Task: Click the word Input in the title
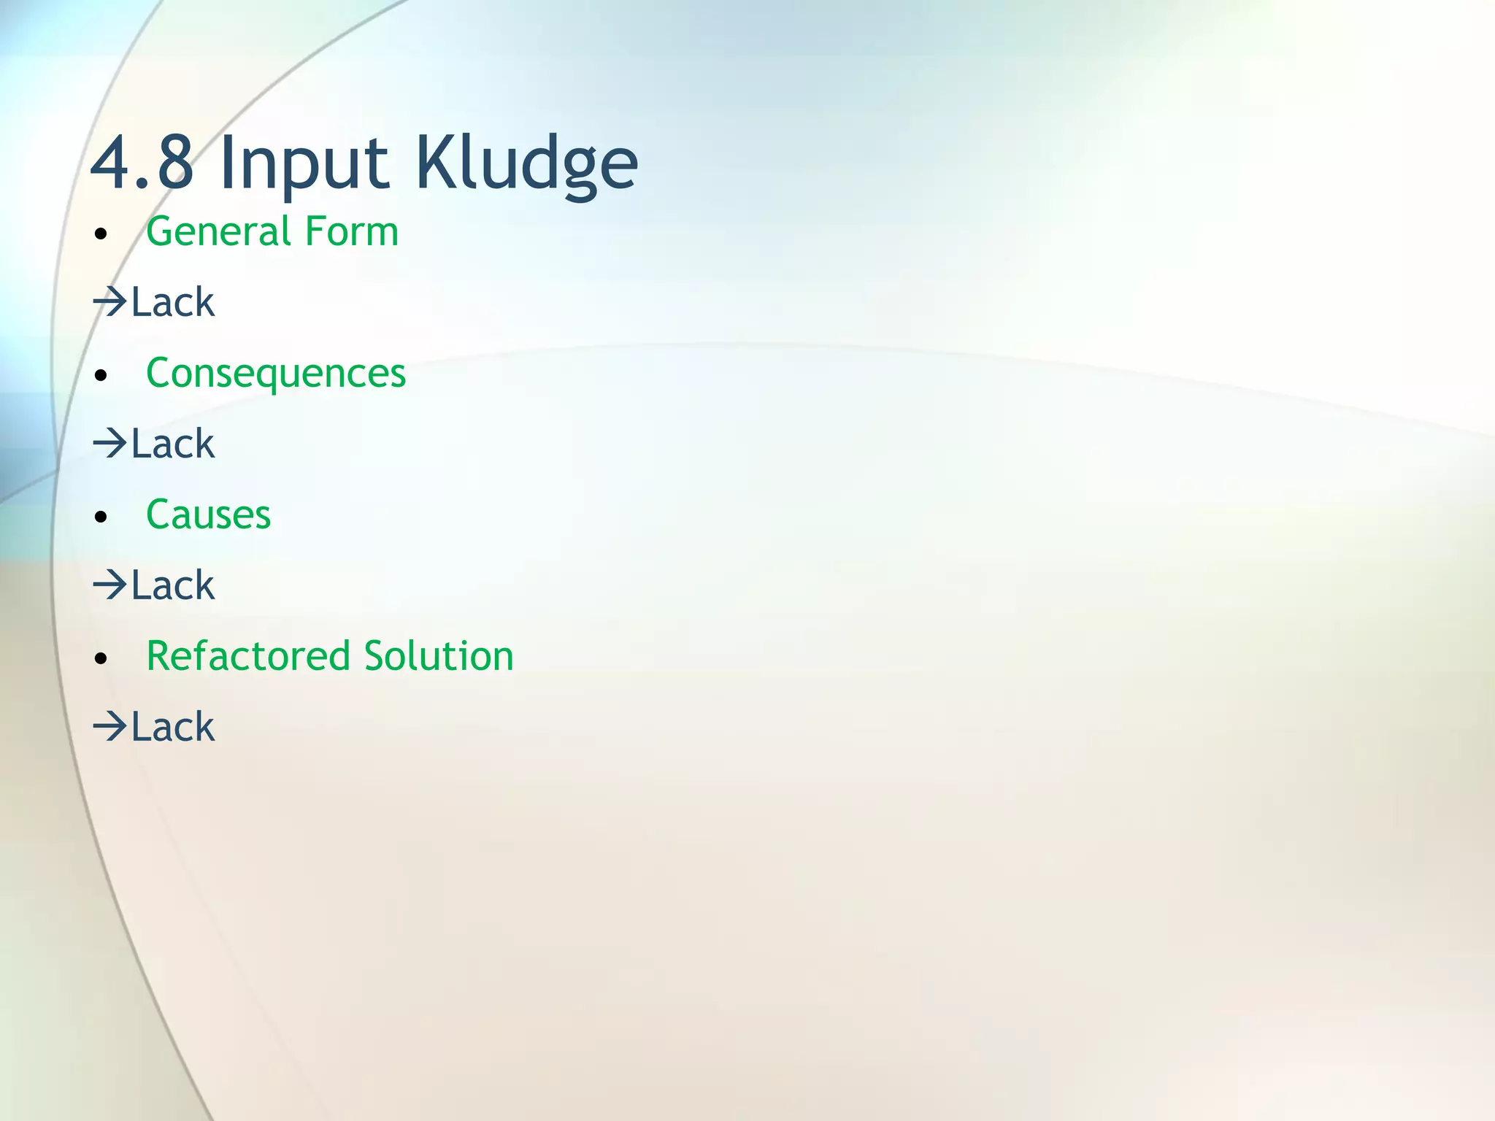pyautogui.click(x=303, y=164)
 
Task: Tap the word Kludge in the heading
pyautogui.click(x=526, y=164)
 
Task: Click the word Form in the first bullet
pyautogui.click(x=352, y=231)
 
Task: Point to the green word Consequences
pyautogui.click(x=275, y=374)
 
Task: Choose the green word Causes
pyautogui.click(x=208, y=515)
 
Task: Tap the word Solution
pyautogui.click(x=439, y=655)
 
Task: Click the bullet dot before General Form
pyautogui.click(x=101, y=234)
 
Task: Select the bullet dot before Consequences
pyautogui.click(x=101, y=376)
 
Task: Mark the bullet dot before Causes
pyautogui.click(x=101, y=517)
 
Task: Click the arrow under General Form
pyautogui.click(x=110, y=301)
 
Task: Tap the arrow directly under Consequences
pyautogui.click(x=110, y=443)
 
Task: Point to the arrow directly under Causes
pyautogui.click(x=110, y=585)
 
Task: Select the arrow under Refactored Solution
pyautogui.click(x=110, y=726)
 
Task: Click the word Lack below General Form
pyautogui.click(x=173, y=301)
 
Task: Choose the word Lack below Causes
pyautogui.click(x=173, y=585)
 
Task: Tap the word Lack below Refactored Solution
pyautogui.click(x=173, y=726)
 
